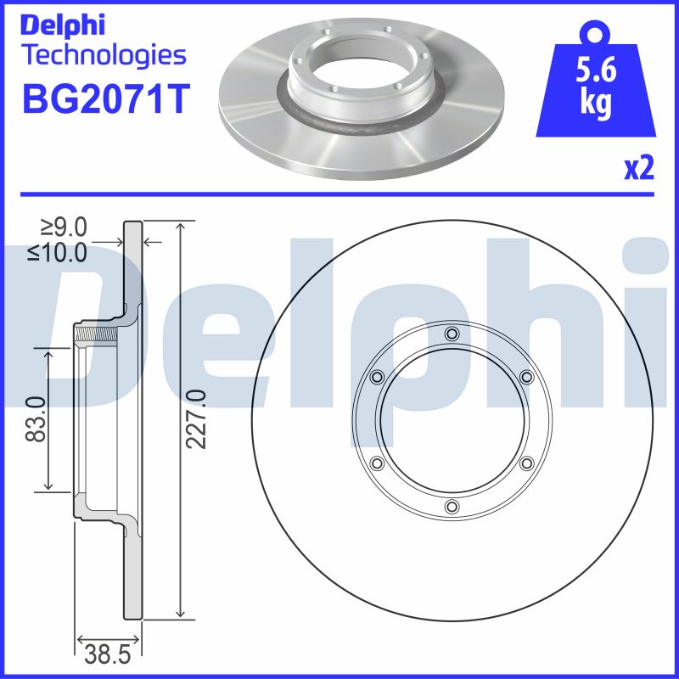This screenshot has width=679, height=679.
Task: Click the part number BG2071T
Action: [105, 99]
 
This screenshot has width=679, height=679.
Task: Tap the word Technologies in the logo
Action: [105, 56]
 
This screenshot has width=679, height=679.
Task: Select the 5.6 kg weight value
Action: [596, 88]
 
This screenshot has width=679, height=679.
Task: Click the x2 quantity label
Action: [639, 168]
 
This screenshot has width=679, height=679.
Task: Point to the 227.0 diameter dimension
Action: [196, 418]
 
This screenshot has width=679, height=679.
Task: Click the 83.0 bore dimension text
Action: [36, 418]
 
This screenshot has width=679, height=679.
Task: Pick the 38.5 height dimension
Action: [108, 654]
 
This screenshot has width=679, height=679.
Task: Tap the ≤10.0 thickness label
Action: [57, 252]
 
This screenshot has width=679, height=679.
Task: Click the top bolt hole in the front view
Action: [452, 334]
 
